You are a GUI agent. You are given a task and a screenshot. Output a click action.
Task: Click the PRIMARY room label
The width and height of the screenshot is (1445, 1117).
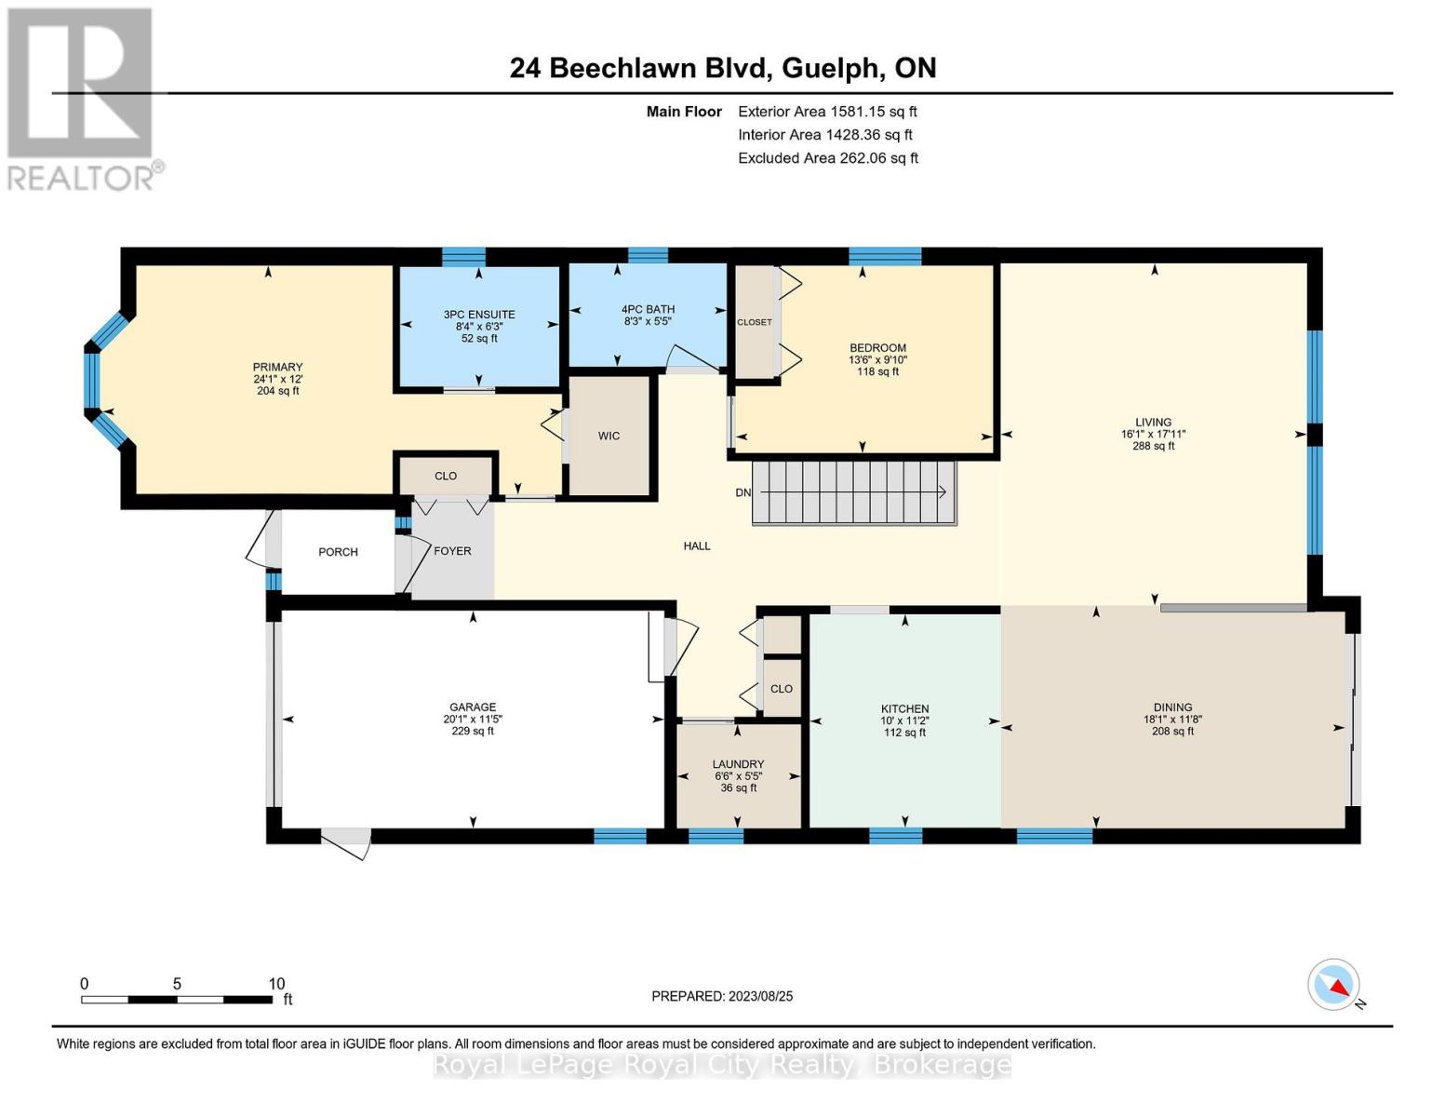pos(277,367)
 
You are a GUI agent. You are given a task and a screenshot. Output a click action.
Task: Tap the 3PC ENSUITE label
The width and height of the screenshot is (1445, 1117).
pos(479,315)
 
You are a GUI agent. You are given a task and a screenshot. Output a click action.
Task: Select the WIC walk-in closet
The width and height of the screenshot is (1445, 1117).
pos(609,436)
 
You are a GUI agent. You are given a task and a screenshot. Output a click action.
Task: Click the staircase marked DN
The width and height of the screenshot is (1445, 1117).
pos(853,492)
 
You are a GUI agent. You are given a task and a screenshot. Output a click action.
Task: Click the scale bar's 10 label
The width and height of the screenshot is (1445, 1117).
pos(276,984)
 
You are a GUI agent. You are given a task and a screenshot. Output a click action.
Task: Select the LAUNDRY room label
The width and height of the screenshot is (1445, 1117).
pos(739,764)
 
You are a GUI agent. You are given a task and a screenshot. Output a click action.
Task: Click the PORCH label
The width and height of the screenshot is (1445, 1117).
pos(338,552)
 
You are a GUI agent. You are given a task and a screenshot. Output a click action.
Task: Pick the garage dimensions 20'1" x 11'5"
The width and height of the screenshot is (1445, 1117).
pos(473,720)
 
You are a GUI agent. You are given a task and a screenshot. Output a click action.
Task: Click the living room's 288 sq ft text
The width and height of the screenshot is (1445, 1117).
pos(1153,446)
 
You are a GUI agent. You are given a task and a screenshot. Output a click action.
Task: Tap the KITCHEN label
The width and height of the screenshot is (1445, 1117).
pos(904,709)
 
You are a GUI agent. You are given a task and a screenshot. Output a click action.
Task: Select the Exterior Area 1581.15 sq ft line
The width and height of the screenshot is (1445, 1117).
pos(826,112)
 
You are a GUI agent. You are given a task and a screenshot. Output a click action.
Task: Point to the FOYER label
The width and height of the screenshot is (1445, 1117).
pos(452,551)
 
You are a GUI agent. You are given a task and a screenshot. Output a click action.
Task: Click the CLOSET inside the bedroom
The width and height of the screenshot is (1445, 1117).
pos(754,322)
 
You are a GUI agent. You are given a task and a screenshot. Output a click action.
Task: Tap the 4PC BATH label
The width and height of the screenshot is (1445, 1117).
pos(648,309)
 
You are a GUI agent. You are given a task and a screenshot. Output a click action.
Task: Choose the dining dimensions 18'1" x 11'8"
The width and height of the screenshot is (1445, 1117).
pos(1172,720)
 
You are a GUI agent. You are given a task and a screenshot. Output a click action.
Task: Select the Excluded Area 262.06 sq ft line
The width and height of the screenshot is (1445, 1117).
pos(827,158)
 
